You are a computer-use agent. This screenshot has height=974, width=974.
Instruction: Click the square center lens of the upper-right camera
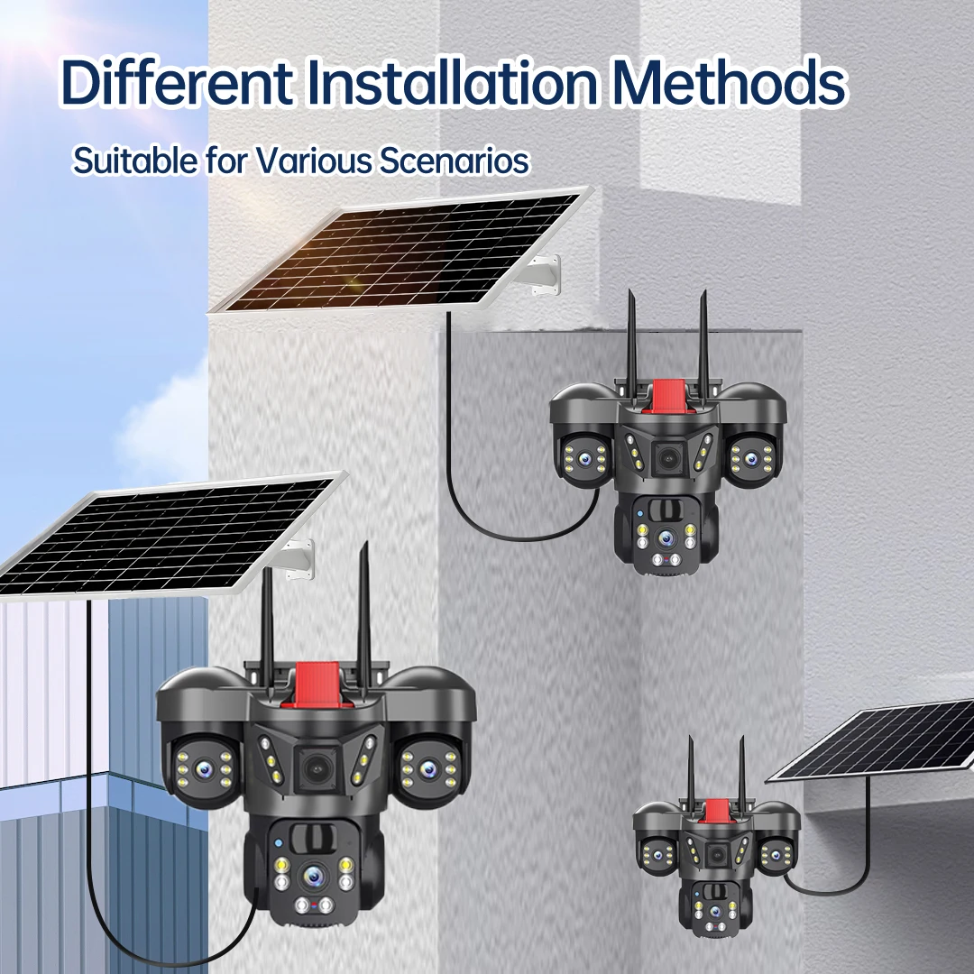667,458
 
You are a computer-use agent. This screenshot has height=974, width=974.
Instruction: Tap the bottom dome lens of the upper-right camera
666,538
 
